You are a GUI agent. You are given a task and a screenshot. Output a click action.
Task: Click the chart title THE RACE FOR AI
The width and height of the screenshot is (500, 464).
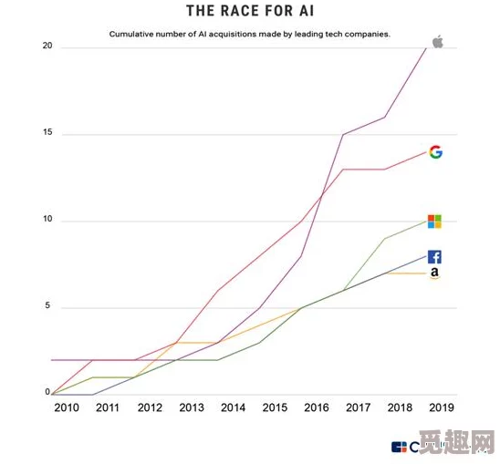pyautogui.click(x=250, y=11)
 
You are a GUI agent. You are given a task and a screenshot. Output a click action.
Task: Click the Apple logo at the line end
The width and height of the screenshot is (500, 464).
pyautogui.click(x=437, y=41)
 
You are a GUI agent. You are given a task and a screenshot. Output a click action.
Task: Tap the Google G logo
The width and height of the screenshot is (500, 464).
pyautogui.click(x=435, y=152)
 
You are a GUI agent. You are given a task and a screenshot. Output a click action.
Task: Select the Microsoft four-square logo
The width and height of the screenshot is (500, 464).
pyautogui.click(x=434, y=222)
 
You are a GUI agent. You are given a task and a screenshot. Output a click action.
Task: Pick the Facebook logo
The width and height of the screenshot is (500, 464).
pyautogui.click(x=434, y=257)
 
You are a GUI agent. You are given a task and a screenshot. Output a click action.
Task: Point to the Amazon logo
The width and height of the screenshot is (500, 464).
pyautogui.click(x=435, y=273)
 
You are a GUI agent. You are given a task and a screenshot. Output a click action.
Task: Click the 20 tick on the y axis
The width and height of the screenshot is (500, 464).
pyautogui.click(x=47, y=46)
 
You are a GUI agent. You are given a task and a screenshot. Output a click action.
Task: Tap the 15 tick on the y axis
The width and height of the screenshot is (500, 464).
pyautogui.click(x=47, y=133)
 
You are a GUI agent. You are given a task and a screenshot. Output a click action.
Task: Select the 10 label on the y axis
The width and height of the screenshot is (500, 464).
pyautogui.click(x=47, y=220)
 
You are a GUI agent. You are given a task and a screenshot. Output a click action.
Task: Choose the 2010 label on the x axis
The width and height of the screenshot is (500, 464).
pyautogui.click(x=67, y=407)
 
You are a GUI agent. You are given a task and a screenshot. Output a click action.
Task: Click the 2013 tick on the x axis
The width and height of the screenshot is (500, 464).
pyautogui.click(x=192, y=407)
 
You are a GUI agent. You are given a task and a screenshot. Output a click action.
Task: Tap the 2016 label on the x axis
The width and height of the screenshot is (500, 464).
pyautogui.click(x=317, y=407)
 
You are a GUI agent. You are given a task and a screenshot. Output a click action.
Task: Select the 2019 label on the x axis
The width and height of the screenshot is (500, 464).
pyautogui.click(x=442, y=407)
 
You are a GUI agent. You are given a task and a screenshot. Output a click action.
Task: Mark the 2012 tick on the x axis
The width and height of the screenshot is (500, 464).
pyautogui.click(x=150, y=407)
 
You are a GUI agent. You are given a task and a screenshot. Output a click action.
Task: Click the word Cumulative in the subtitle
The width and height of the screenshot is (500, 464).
pyautogui.click(x=135, y=34)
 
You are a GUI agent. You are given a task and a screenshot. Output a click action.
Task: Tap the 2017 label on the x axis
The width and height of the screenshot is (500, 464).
pyautogui.click(x=359, y=407)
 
